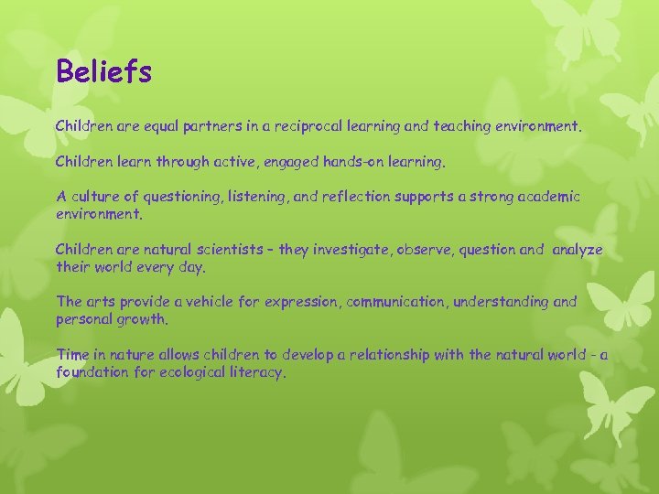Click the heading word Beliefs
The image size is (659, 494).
(x=103, y=71)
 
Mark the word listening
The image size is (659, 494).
(x=254, y=198)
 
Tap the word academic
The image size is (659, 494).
(x=548, y=198)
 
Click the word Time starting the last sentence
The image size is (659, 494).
(x=72, y=354)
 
